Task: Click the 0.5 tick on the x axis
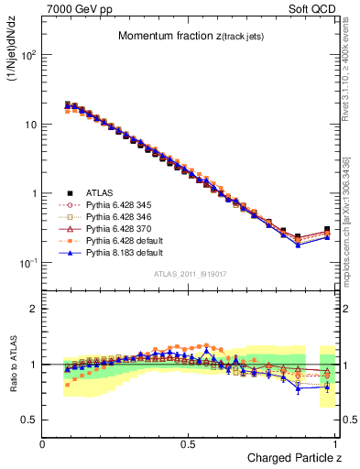188,444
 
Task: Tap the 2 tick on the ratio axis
34,309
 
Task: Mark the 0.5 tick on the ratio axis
31,420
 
